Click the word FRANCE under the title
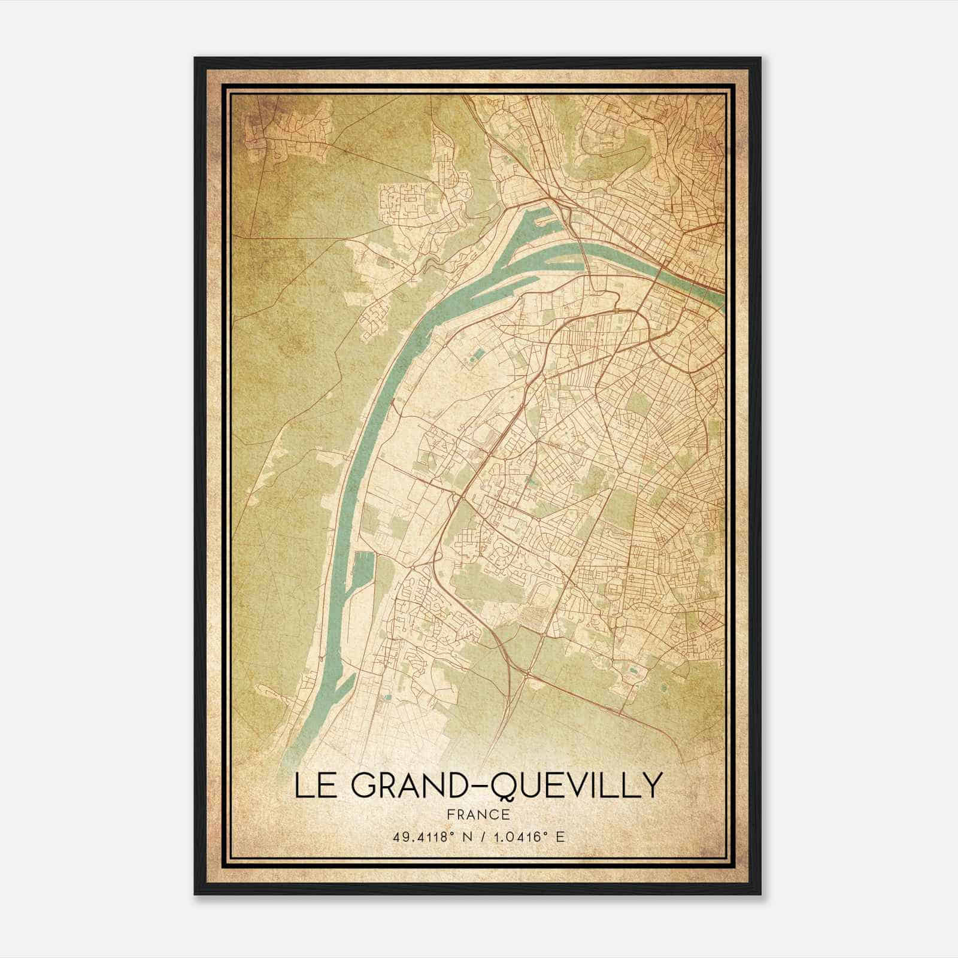tap(478, 815)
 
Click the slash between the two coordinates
tap(483, 837)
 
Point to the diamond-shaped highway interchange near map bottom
tap(526, 675)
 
